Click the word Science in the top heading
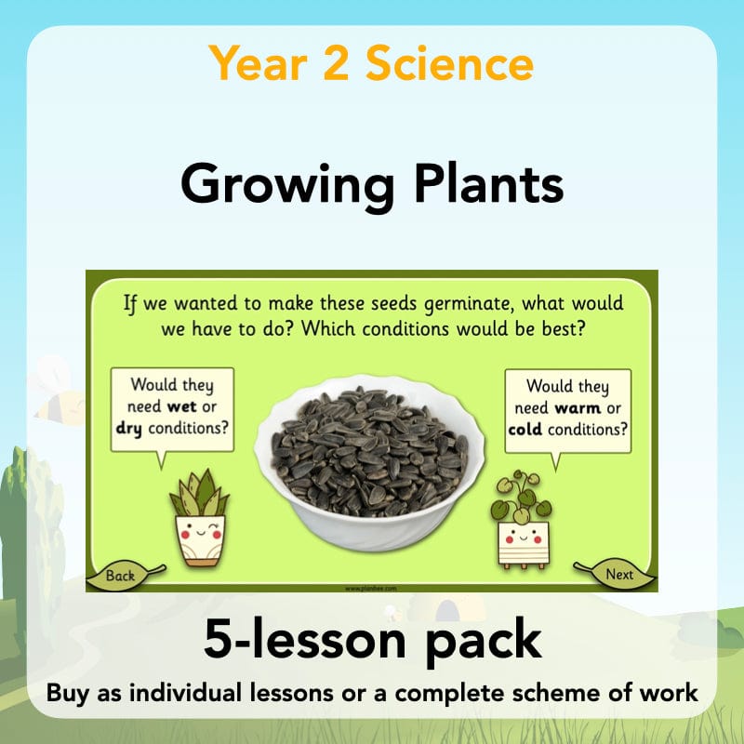pos(449,63)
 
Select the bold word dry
pos(132,429)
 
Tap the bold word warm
pos(577,407)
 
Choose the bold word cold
pos(526,430)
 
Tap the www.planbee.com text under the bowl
pos(372,588)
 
